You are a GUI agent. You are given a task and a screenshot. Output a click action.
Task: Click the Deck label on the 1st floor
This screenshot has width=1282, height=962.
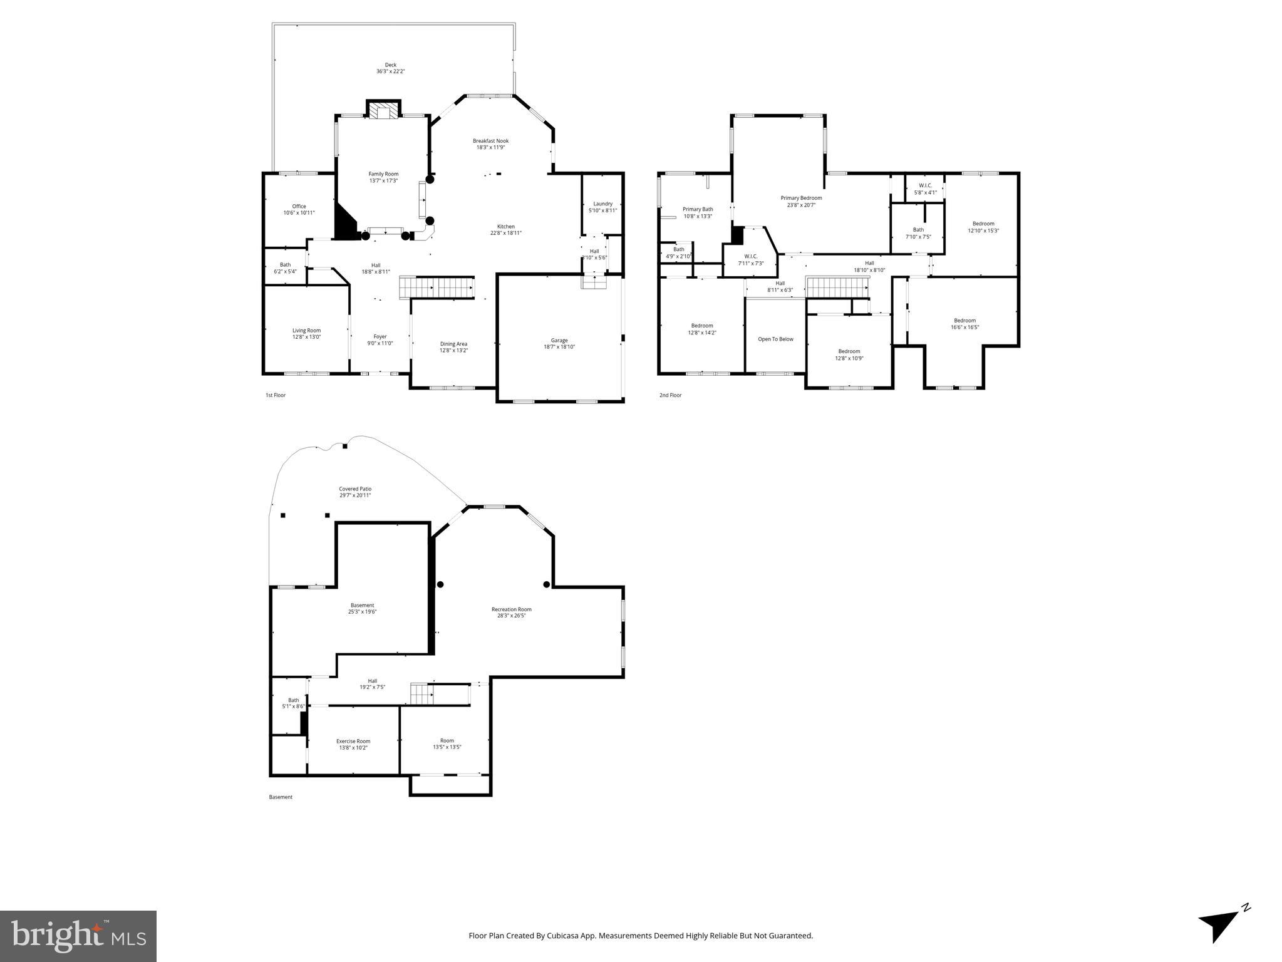pyautogui.click(x=390, y=65)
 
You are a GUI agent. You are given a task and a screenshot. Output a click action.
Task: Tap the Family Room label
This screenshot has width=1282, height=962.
pyautogui.click(x=383, y=174)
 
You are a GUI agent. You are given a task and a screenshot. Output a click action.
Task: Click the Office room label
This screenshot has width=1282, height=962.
pyautogui.click(x=299, y=207)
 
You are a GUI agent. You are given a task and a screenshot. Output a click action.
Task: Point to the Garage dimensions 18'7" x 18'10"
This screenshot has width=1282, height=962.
pyautogui.click(x=559, y=347)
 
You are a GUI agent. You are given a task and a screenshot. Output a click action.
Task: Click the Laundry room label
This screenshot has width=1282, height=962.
pyautogui.click(x=602, y=204)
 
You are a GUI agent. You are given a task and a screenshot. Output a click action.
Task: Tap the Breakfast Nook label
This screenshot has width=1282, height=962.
pyautogui.click(x=490, y=141)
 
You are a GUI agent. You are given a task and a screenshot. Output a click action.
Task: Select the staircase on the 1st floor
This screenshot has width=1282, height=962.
pyautogui.click(x=437, y=288)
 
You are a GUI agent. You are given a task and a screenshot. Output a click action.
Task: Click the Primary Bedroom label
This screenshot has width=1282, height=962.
pyautogui.click(x=801, y=198)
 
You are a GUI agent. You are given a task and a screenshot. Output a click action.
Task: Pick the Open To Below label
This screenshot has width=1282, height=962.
pyautogui.click(x=775, y=339)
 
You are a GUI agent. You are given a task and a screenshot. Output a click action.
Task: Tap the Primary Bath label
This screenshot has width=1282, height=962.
pyautogui.click(x=698, y=209)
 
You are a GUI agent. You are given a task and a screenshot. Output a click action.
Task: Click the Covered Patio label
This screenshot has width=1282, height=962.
pyautogui.click(x=355, y=489)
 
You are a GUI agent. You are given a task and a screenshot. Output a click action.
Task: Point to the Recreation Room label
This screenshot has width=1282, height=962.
pyautogui.click(x=511, y=609)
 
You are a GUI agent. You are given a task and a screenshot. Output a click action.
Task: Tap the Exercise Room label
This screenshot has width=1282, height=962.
pyautogui.click(x=353, y=742)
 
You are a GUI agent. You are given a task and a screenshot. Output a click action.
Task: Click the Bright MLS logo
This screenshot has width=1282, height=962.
pyautogui.click(x=78, y=936)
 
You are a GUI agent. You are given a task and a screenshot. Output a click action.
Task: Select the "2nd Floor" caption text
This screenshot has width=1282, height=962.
pyautogui.click(x=670, y=395)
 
